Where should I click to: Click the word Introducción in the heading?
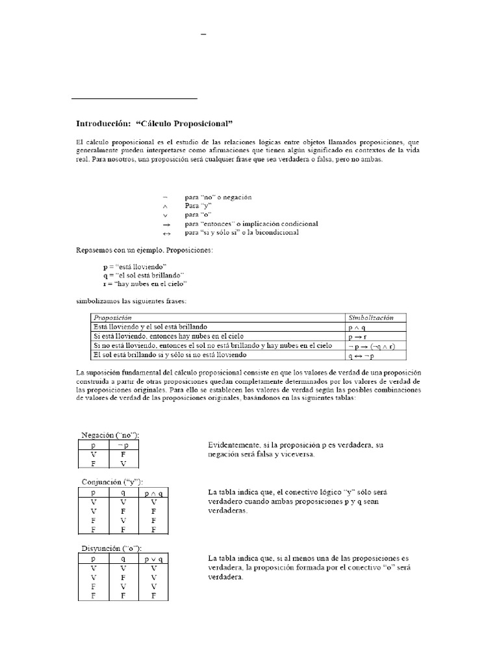[103, 124]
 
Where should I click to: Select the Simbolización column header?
[371, 317]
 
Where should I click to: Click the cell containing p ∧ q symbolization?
[358, 326]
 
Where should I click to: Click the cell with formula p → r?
[358, 336]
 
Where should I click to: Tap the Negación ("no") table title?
[110, 434]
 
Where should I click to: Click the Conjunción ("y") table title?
[112, 481]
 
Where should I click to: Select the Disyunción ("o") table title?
[111, 548]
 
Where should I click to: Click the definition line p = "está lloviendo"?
[134, 267]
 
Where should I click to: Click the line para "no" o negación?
[218, 197]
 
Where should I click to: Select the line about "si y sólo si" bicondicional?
[242, 232]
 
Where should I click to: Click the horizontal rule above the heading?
[134, 99]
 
